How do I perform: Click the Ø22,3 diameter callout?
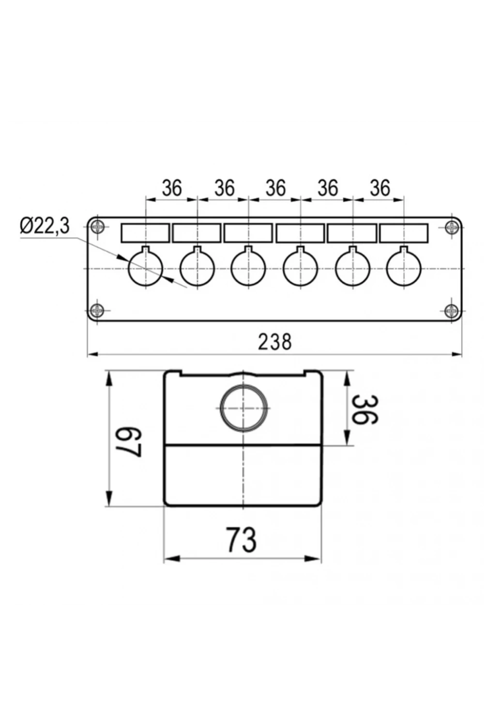[x=45, y=226]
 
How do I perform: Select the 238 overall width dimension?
[x=275, y=342]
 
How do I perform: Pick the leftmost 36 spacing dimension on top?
[x=172, y=188]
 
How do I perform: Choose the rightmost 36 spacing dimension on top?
[x=380, y=188]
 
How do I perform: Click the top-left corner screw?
[x=97, y=227]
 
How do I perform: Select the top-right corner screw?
[x=452, y=227]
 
